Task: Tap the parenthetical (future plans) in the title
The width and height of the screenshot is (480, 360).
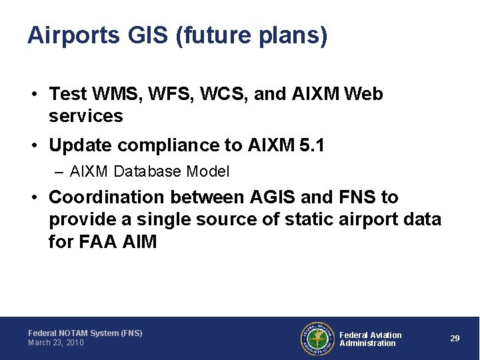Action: pos(251,35)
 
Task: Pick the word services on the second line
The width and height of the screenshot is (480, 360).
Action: pos(86,116)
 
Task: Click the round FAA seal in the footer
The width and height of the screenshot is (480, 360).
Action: pos(317,339)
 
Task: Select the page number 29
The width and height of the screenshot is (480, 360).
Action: pos(455,339)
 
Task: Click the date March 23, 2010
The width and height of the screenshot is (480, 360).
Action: pos(56,343)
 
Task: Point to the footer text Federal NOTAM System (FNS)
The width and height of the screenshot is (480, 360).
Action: pos(85,333)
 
